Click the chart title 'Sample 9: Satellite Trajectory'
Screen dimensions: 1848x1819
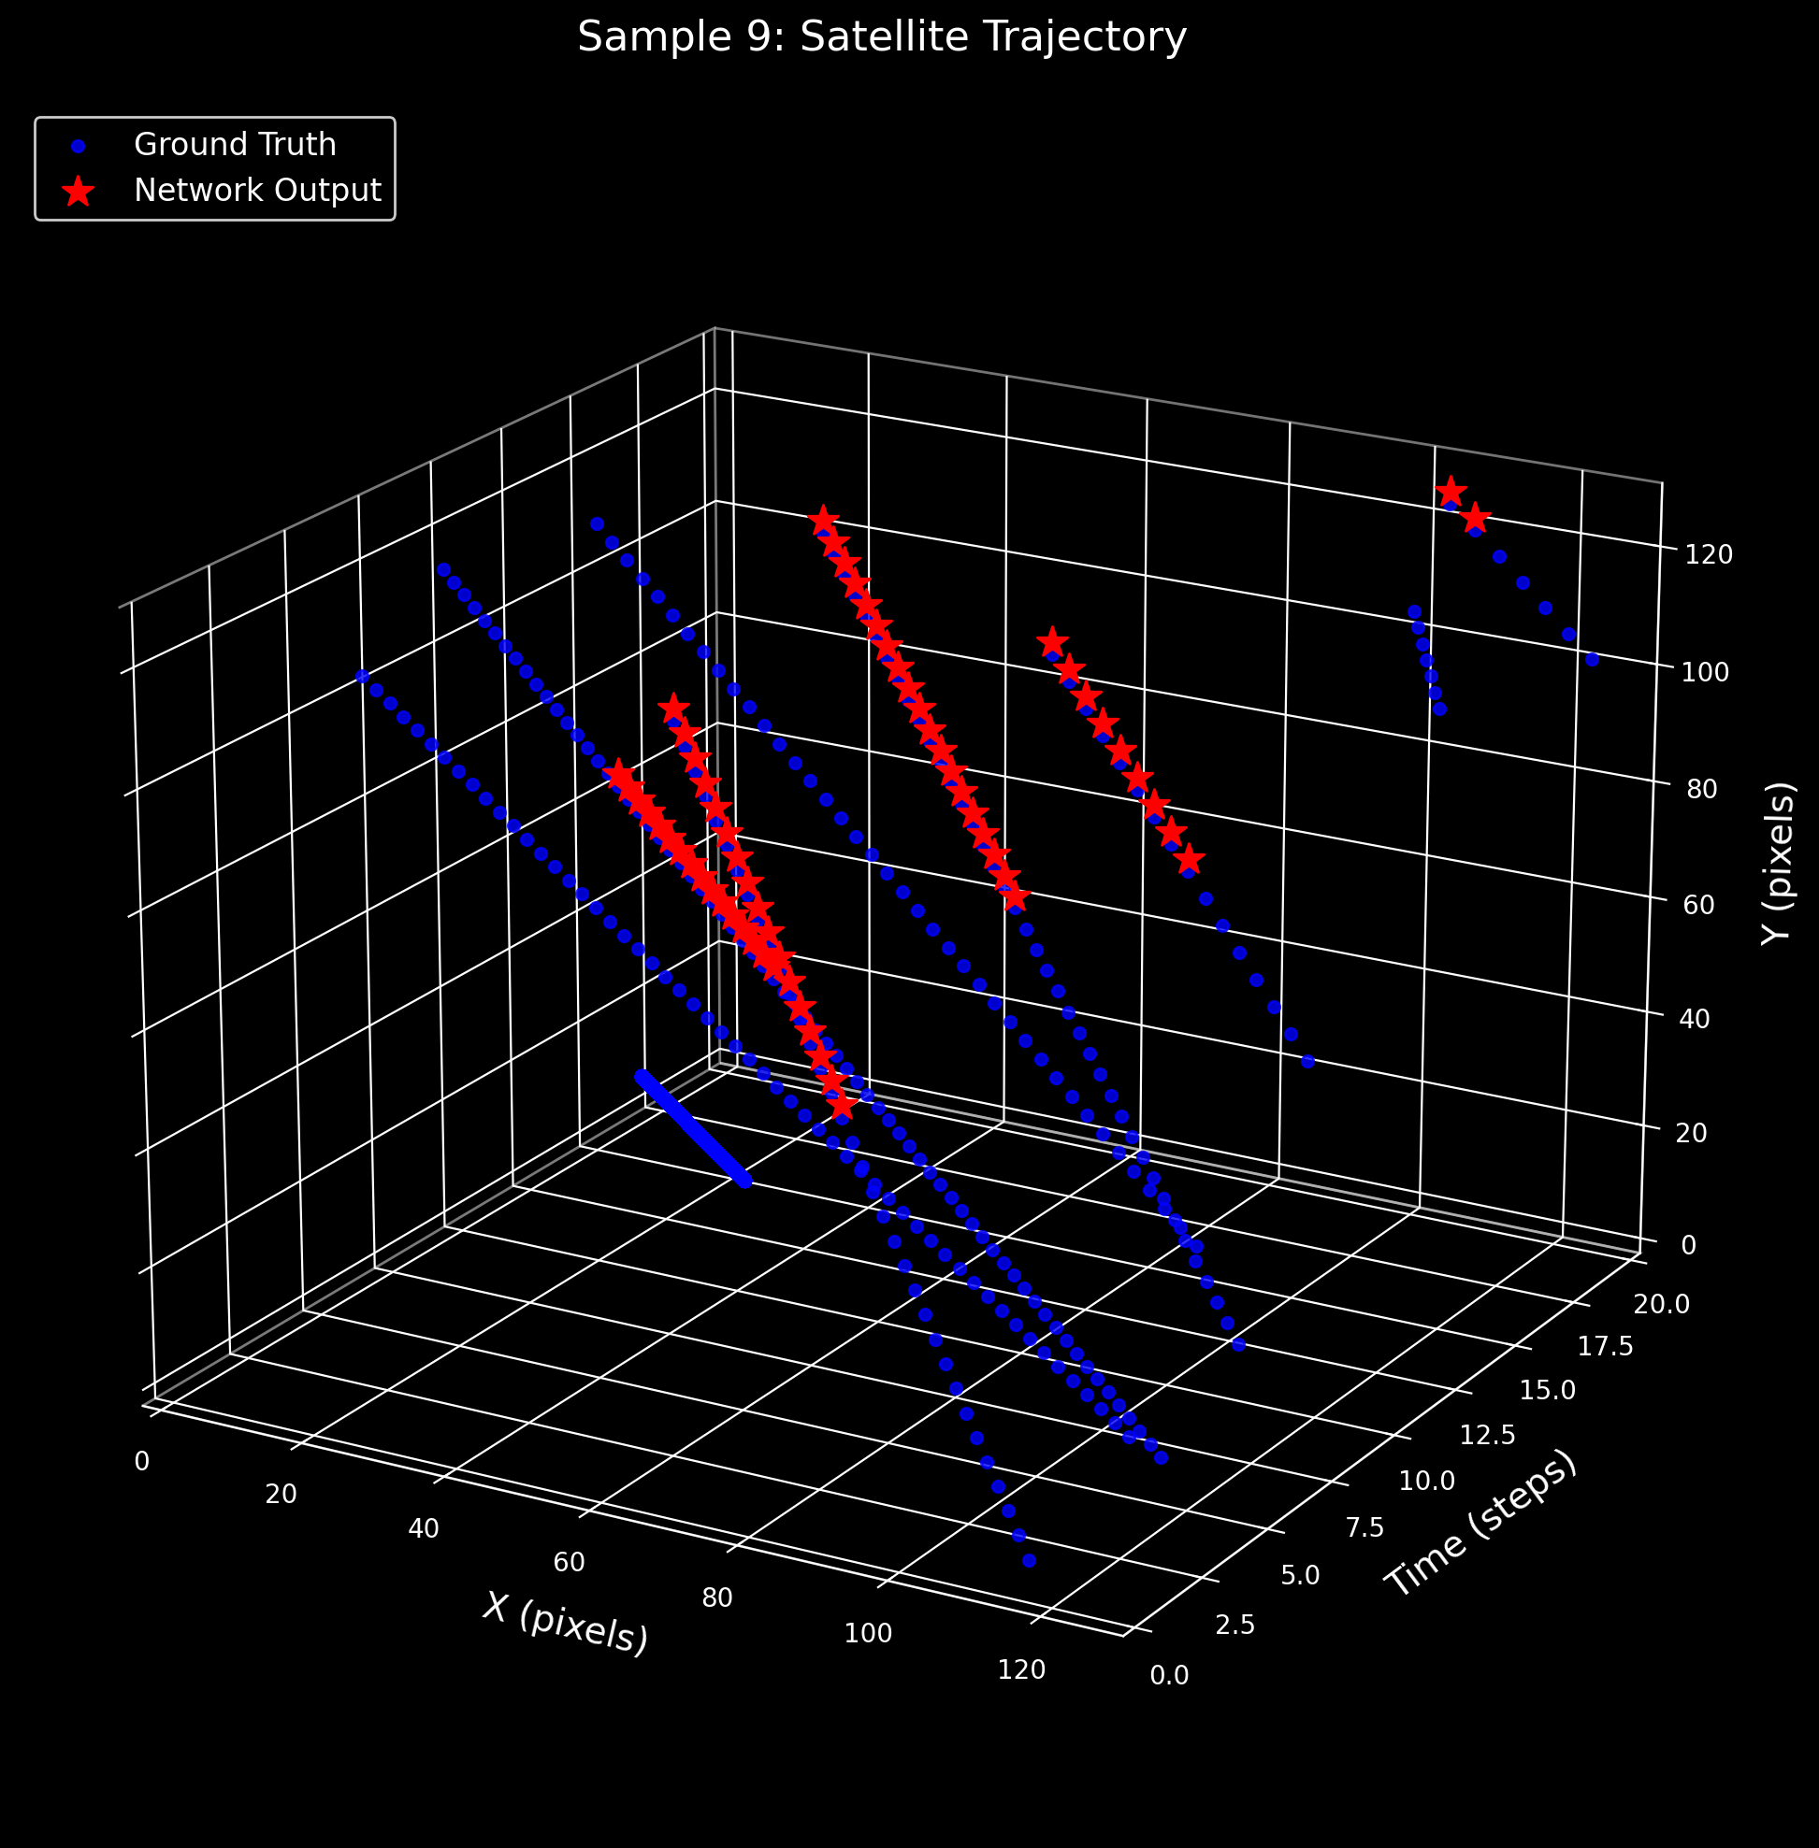click(x=882, y=38)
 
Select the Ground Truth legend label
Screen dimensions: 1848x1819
click(x=235, y=145)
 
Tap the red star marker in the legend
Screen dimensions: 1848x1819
click(x=79, y=191)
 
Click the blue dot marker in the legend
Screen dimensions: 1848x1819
click(x=79, y=146)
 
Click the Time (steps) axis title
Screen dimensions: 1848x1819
click(x=1480, y=1524)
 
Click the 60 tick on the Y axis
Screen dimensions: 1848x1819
click(x=1699, y=905)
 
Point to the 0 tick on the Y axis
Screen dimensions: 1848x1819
click(x=1688, y=1245)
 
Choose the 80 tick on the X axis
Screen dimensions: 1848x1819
click(x=717, y=1597)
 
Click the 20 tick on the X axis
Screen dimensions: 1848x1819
click(x=281, y=1495)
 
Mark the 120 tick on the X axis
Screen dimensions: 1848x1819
click(x=1021, y=1669)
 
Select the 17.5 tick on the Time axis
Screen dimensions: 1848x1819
click(x=1606, y=1348)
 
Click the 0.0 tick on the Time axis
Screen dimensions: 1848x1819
click(x=1169, y=1675)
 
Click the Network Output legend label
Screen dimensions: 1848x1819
click(x=258, y=191)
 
